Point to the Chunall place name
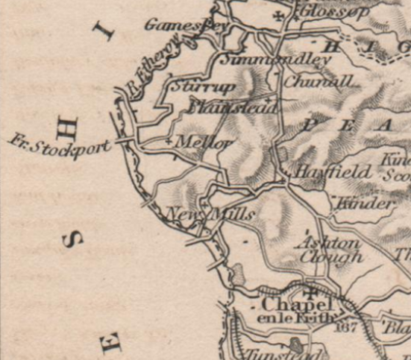pyautogui.click(x=318, y=80)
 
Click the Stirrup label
pyautogui.click(x=193, y=87)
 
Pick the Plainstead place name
pyautogui.click(x=232, y=108)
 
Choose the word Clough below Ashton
pyautogui.click(x=330, y=257)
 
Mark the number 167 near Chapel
pyautogui.click(x=348, y=326)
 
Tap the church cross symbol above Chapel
pyautogui.click(x=311, y=291)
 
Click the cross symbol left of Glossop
pyautogui.click(x=279, y=14)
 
